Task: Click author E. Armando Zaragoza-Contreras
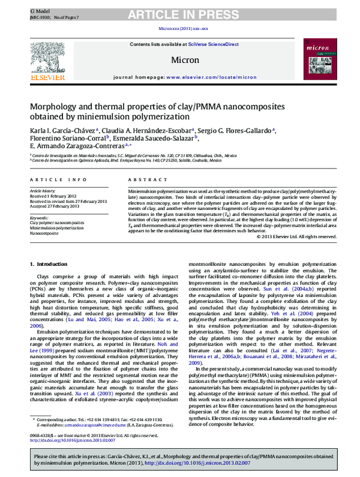(75, 146)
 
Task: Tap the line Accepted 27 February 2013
(55, 206)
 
